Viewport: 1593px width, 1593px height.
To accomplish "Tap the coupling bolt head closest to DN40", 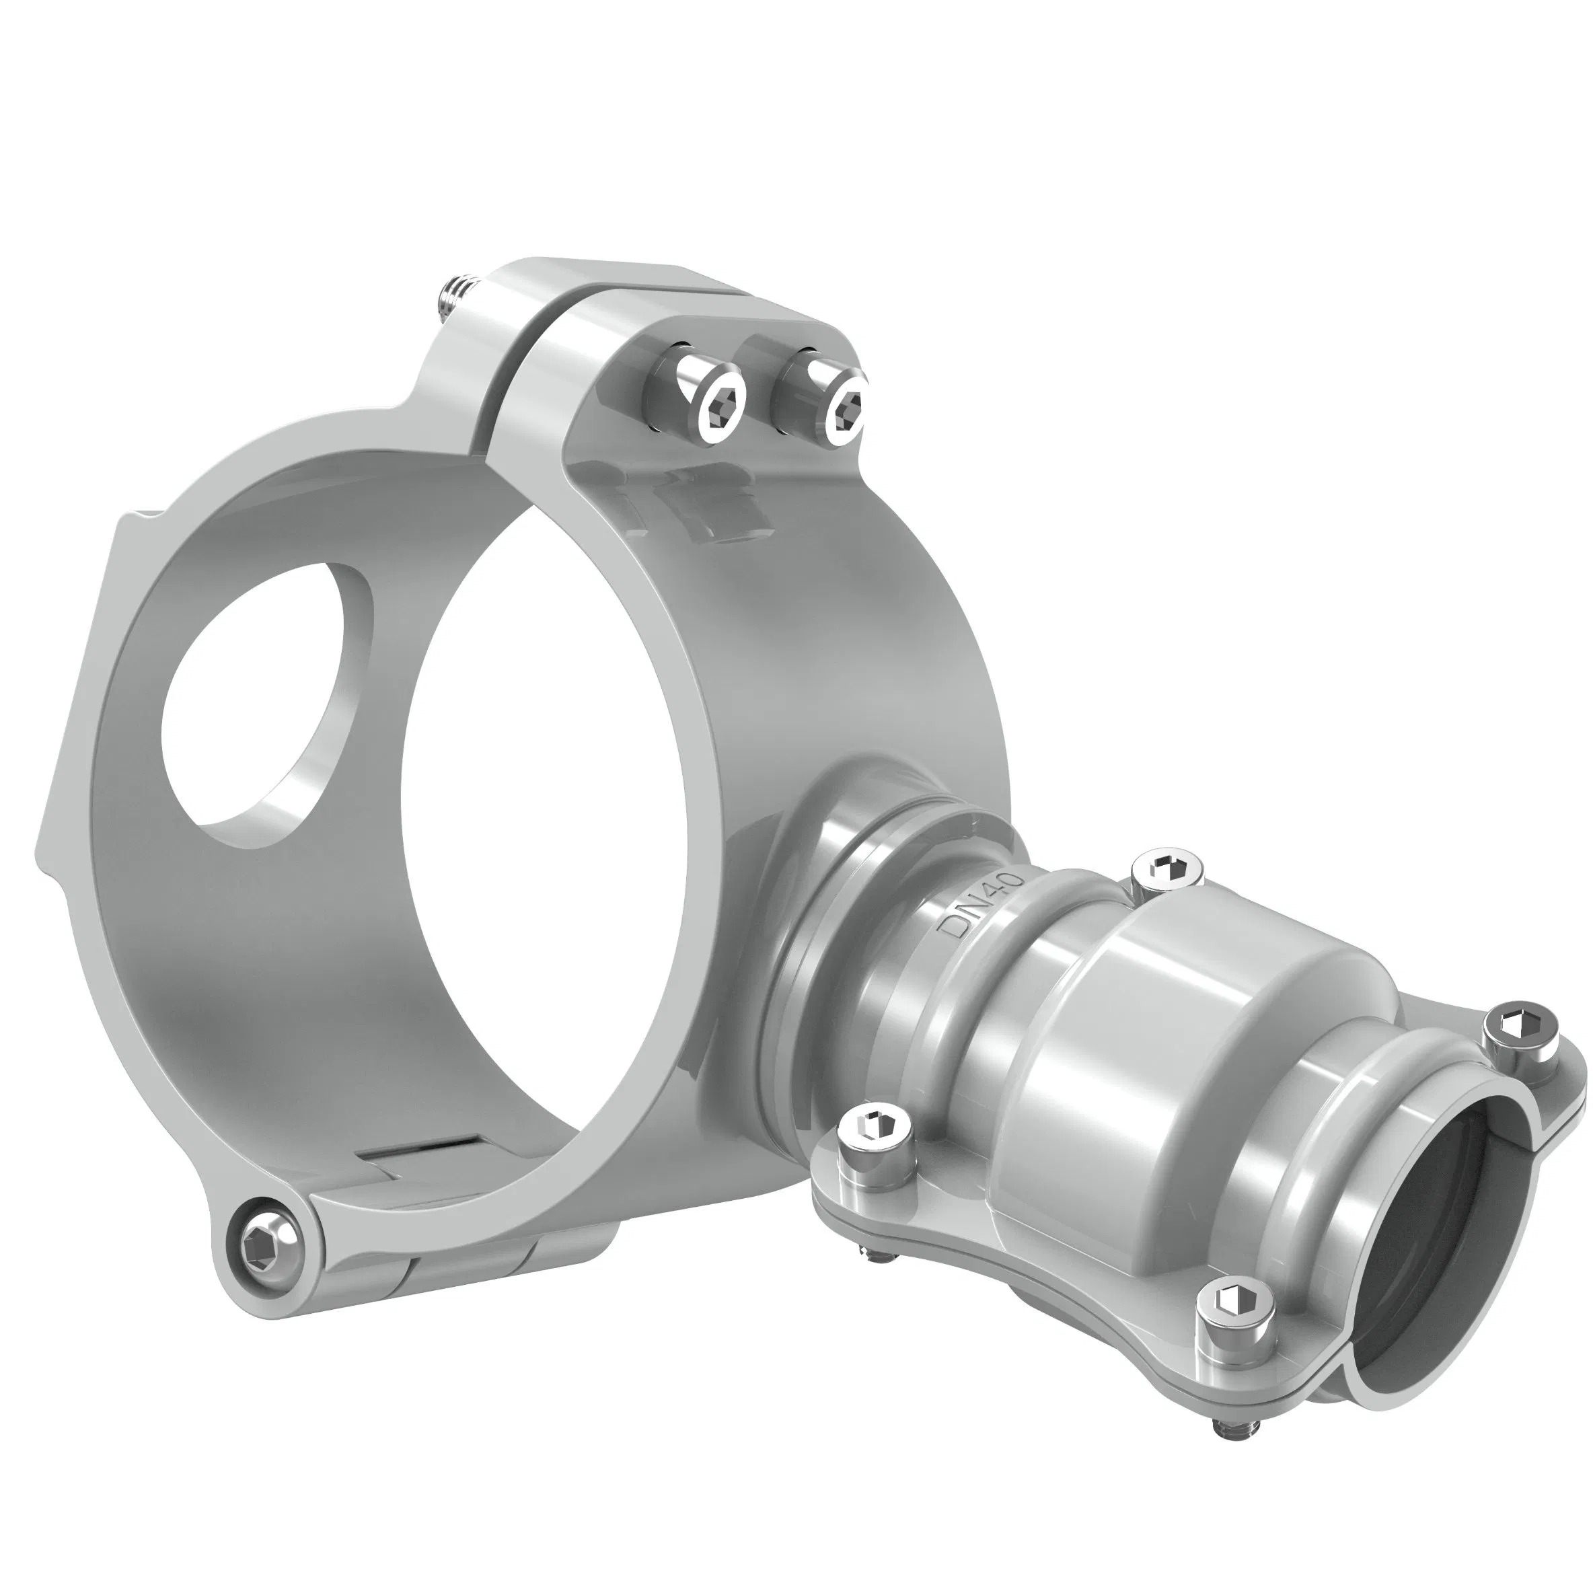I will pyautogui.click(x=1169, y=869).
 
